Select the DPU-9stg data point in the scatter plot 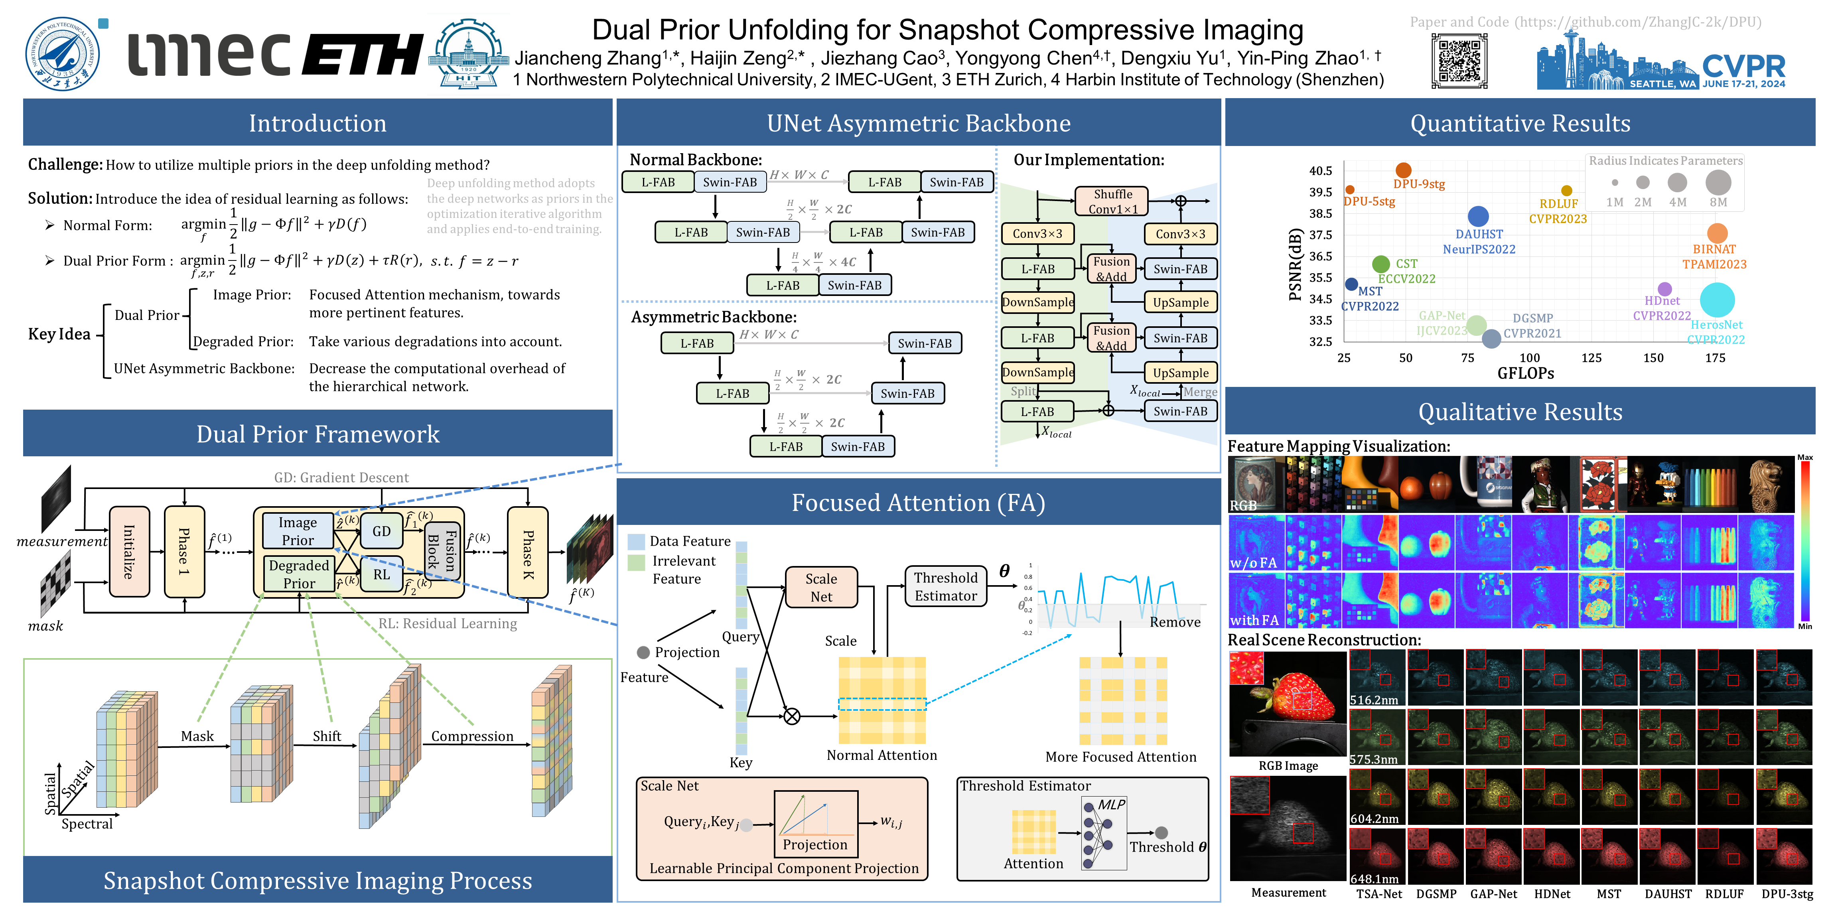tap(1403, 170)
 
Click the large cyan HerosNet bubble tap(1717, 300)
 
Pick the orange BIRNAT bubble tap(1717, 233)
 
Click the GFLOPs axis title tap(1525, 373)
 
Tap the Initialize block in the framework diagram tap(129, 552)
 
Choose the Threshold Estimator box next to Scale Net tap(945, 586)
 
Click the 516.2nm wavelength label tap(1373, 700)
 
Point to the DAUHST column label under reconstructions tap(1667, 894)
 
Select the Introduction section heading tap(318, 123)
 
